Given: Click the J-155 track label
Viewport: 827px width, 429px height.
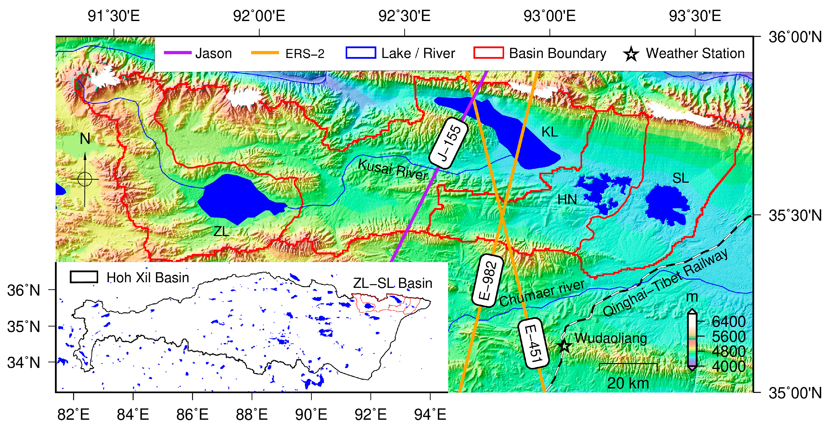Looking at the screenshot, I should pyautogui.click(x=449, y=143).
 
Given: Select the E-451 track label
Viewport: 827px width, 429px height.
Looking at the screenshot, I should pyautogui.click(x=533, y=344).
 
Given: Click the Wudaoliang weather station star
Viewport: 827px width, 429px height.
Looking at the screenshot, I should pyautogui.click(x=564, y=346).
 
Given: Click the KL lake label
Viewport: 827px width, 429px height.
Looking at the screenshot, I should pyautogui.click(x=549, y=132).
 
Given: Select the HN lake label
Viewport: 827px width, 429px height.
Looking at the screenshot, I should pyautogui.click(x=567, y=200).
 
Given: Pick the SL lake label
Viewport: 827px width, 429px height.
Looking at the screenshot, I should pyautogui.click(x=680, y=178).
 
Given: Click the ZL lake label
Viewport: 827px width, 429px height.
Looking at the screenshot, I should pyautogui.click(x=221, y=231).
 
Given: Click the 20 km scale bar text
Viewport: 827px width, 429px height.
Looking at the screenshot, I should pyautogui.click(x=628, y=383).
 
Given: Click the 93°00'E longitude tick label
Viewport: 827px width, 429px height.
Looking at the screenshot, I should pyautogui.click(x=550, y=16).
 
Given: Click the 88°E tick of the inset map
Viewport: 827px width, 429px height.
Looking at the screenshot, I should pyautogui.click(x=252, y=414).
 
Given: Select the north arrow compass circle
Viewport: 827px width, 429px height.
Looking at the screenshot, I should pyautogui.click(x=85, y=179).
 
